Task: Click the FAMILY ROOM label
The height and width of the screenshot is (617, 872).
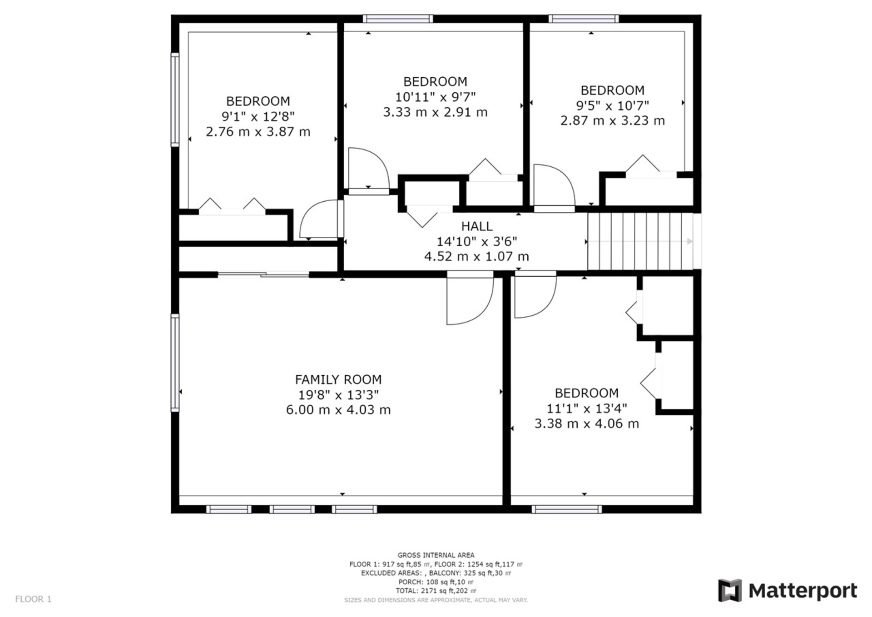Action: click(x=338, y=379)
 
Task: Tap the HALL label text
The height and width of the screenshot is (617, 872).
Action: click(x=477, y=226)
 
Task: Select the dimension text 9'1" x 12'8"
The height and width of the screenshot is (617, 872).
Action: click(x=258, y=116)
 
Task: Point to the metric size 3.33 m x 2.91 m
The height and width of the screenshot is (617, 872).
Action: click(x=435, y=112)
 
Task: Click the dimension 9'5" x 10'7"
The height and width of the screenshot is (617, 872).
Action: click(x=612, y=105)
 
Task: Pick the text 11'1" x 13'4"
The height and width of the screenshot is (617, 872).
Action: click(x=587, y=408)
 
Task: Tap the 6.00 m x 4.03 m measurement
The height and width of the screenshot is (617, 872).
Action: click(x=338, y=409)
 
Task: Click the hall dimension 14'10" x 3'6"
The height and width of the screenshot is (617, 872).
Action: click(x=477, y=241)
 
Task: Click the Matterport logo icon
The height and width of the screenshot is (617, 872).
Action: click(x=730, y=590)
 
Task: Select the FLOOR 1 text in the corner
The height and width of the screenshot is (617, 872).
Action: click(x=33, y=599)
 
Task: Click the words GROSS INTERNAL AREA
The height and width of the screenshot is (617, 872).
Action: click(x=436, y=555)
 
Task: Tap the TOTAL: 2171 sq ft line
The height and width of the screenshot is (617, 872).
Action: click(x=436, y=591)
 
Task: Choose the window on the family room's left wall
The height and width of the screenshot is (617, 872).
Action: click(x=175, y=363)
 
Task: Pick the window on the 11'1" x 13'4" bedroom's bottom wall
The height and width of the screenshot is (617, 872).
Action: click(x=566, y=509)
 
